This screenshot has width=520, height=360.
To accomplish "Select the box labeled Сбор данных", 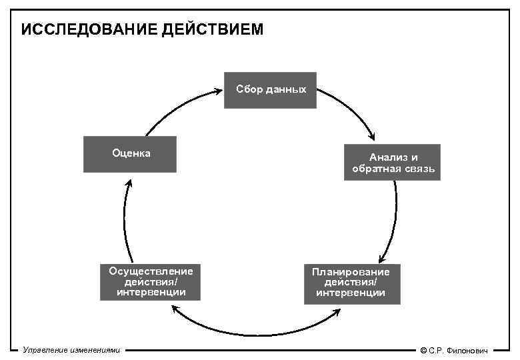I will [269, 90].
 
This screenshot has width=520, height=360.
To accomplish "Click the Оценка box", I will [130, 154].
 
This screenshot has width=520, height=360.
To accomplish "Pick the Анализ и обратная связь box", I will [392, 162].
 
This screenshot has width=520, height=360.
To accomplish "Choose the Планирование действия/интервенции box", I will [351, 284].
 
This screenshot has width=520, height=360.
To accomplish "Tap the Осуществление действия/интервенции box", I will [151, 281].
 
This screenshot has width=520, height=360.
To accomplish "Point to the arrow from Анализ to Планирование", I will [393, 220].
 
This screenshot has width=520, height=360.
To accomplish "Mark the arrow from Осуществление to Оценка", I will [125, 220].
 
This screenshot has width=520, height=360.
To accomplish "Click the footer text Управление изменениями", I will [71, 349].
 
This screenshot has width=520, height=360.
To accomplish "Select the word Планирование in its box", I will [351, 272].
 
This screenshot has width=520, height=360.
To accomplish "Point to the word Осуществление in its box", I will [151, 271].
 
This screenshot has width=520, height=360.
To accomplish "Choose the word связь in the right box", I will [420, 169].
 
